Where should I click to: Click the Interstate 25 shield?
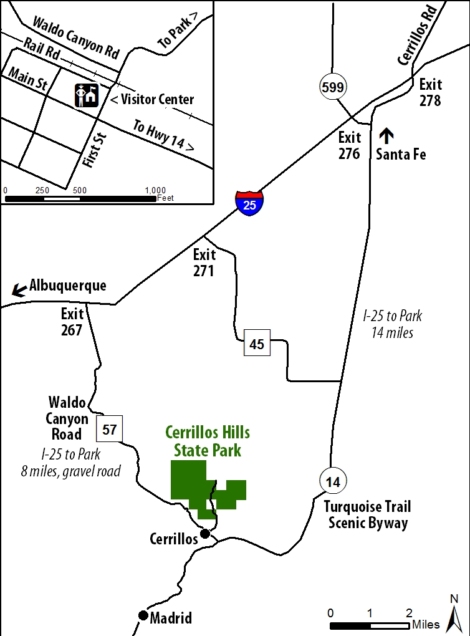(x=249, y=203)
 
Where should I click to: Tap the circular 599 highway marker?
(x=333, y=87)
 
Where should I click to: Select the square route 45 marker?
(x=257, y=344)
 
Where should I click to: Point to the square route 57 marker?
(x=110, y=429)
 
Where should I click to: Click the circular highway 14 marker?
(x=333, y=481)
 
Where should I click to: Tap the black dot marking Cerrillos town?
(x=204, y=533)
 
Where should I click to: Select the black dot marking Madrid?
(x=143, y=615)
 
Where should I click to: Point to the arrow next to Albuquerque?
(x=20, y=289)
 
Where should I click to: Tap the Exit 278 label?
(x=431, y=92)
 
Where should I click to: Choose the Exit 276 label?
(x=350, y=145)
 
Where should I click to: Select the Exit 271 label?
(x=204, y=263)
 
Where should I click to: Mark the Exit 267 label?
(x=72, y=322)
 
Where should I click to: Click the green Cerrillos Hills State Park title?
(x=203, y=440)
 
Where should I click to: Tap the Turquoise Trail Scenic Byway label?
(x=368, y=514)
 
